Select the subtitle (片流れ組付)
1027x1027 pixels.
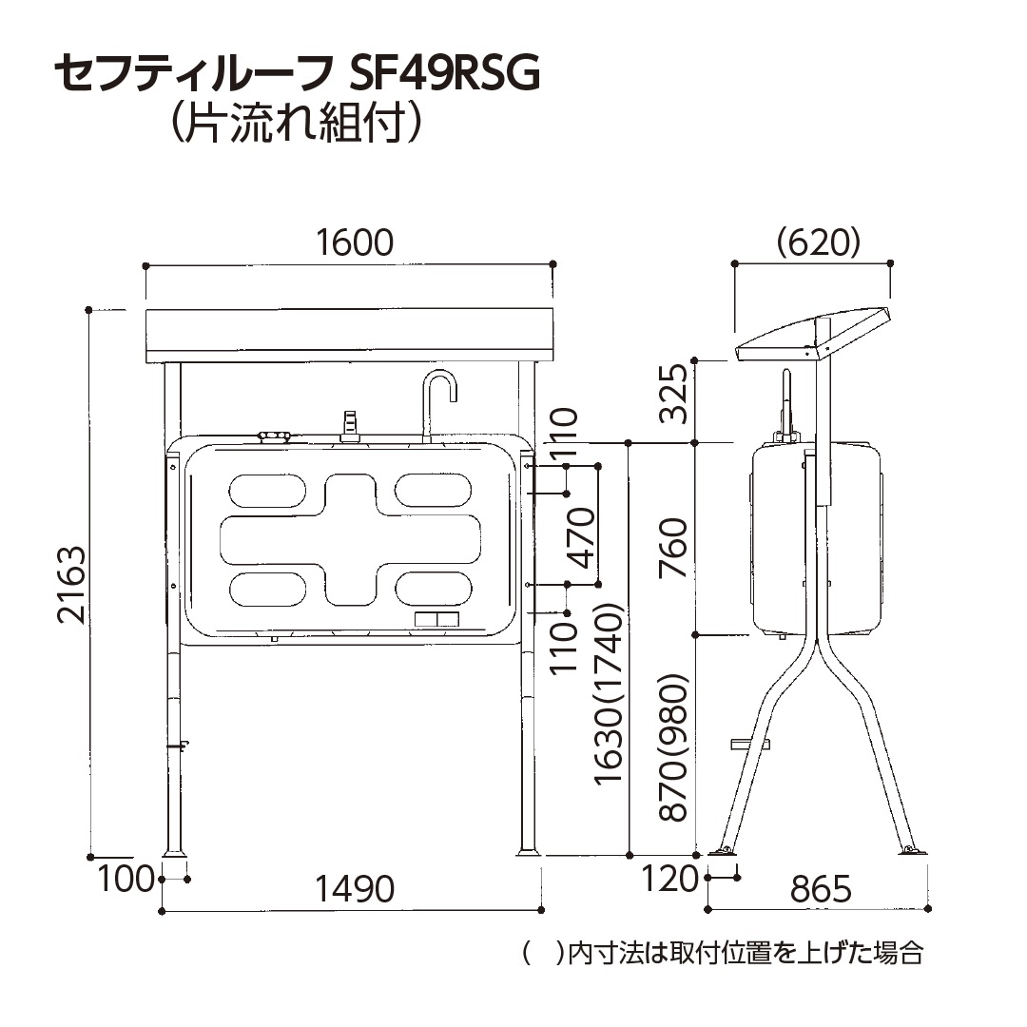(293, 124)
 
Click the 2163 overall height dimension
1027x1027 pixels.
(72, 585)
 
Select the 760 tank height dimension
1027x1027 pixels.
(673, 548)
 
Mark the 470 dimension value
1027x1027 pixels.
(582, 537)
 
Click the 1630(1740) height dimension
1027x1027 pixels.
(610, 694)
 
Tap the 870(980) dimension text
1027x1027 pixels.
(673, 748)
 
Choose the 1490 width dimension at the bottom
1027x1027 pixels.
(354, 889)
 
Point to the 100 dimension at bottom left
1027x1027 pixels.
(126, 880)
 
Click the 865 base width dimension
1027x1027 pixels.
(821, 889)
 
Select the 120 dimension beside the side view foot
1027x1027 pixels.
(670, 880)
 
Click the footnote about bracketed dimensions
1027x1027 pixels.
(723, 953)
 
